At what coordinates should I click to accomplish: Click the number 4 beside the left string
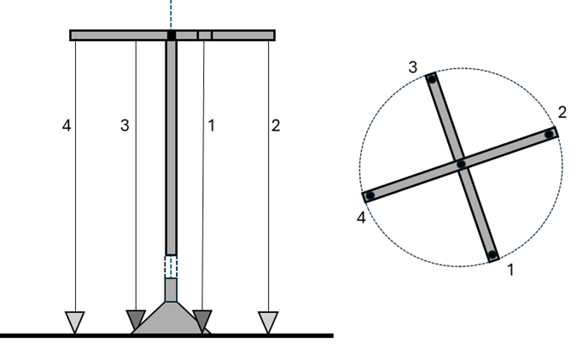67,125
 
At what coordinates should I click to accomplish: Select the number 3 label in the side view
125,125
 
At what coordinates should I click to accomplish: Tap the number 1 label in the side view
212,125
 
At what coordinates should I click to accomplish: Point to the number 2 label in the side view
275,125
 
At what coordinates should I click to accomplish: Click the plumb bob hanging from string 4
75,322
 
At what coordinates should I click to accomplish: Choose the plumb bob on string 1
202,321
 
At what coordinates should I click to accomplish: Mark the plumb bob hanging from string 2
269,322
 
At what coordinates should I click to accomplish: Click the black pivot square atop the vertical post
172,35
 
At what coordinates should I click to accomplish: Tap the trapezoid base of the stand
171,319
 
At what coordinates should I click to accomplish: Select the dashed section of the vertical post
171,265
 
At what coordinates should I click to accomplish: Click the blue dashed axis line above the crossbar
172,14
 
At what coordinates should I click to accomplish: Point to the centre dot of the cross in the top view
461,164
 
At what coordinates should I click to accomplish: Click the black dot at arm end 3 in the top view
433,80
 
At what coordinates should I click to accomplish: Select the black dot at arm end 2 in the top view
550,134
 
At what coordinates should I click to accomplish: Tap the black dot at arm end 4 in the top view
370,195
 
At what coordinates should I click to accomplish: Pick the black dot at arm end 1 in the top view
492,253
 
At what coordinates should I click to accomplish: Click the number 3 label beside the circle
412,67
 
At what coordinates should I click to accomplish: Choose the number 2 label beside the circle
562,113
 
